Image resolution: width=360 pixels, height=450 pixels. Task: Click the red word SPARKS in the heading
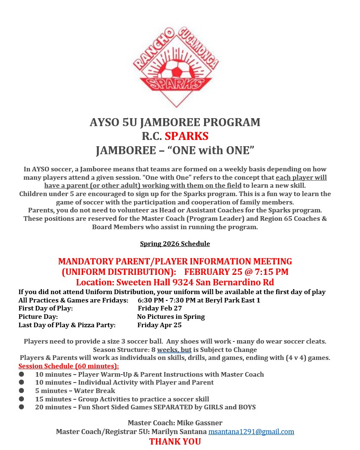(186, 136)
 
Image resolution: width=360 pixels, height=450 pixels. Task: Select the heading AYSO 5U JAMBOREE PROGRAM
(175, 122)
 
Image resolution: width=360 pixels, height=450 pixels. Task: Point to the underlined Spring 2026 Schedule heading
(175, 244)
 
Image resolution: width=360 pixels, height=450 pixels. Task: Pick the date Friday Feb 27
(160, 308)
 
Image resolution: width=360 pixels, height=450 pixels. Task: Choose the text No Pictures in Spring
(171, 317)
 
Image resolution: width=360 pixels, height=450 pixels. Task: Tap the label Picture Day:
(38, 317)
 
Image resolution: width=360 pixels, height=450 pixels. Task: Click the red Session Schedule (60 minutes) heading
(69, 366)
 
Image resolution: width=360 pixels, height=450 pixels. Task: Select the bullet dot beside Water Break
(21, 391)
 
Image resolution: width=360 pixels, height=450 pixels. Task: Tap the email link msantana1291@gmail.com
(251, 432)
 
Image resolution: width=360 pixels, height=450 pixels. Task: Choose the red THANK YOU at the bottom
(175, 442)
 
